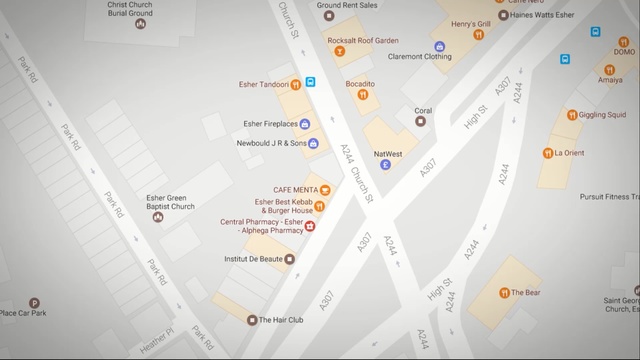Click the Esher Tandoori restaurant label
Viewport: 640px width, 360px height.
pyautogui.click(x=263, y=84)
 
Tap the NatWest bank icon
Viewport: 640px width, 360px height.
pyautogui.click(x=386, y=165)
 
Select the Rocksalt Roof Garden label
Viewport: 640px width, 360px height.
pyautogui.click(x=362, y=40)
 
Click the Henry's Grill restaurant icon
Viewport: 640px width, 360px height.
pyautogui.click(x=478, y=35)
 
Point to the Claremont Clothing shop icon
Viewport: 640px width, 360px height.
pyautogui.click(x=439, y=46)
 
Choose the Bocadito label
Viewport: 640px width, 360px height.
pyautogui.click(x=360, y=84)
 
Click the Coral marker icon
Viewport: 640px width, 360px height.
pyautogui.click(x=421, y=121)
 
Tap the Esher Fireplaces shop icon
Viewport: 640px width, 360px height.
pyautogui.click(x=305, y=124)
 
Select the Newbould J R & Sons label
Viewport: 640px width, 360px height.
pyautogui.click(x=270, y=143)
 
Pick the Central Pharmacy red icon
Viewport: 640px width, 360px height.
pyautogui.click(x=310, y=226)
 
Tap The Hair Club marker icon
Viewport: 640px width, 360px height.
pyautogui.click(x=252, y=320)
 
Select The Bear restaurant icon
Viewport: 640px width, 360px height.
pyautogui.click(x=504, y=293)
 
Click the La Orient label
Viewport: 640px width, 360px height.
pyautogui.click(x=568, y=153)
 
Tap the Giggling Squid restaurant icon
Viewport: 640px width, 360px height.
pyautogui.click(x=573, y=114)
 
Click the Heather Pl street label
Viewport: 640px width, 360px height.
pyautogui.click(x=156, y=340)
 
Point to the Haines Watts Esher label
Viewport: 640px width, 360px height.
pyautogui.click(x=544, y=15)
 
